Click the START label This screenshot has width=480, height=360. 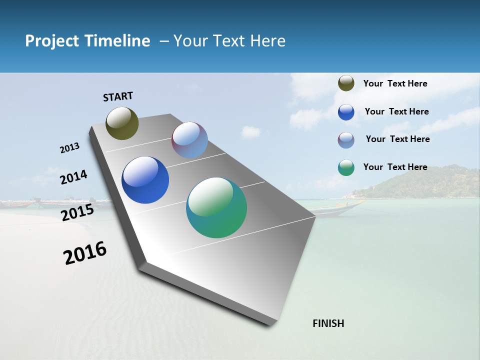click(118, 96)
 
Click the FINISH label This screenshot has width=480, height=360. click(328, 323)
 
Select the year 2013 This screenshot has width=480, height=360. click(69, 148)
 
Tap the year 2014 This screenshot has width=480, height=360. click(73, 177)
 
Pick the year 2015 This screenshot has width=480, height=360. click(77, 212)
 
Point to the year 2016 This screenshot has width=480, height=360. click(85, 253)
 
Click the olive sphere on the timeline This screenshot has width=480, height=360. click(122, 123)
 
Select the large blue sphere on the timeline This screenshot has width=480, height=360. click(145, 180)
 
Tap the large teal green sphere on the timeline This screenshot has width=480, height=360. click(216, 207)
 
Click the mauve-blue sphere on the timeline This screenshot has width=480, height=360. click(189, 140)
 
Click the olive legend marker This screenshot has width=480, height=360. click(346, 83)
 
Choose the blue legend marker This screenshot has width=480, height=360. click(346, 112)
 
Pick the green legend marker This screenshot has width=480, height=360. click(346, 167)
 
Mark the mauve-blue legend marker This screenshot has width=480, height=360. click(346, 140)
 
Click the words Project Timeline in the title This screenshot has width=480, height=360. click(87, 41)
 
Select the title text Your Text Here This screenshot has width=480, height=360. click(229, 41)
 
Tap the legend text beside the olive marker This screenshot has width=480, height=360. click(395, 83)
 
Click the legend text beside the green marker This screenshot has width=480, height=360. click(395, 167)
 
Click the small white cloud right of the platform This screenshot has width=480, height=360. click(250, 132)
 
